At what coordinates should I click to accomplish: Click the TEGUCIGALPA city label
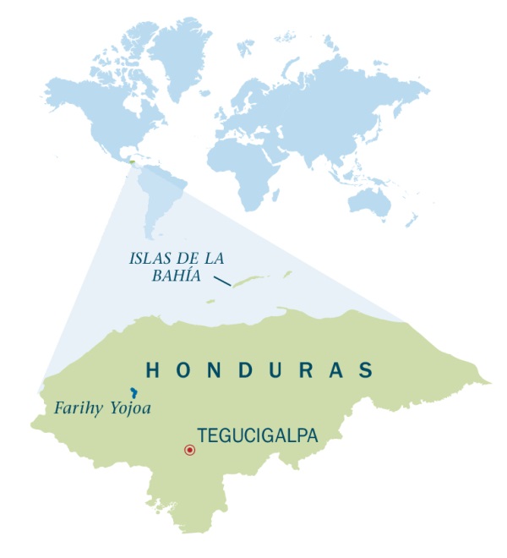click(x=257, y=435)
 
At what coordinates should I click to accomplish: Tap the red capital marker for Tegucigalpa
click(x=189, y=450)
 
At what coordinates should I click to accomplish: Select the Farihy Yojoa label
click(x=102, y=408)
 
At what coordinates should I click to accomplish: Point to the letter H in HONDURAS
click(x=153, y=369)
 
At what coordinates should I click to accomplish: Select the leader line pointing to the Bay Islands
click(x=221, y=280)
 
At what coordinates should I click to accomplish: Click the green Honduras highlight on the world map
click(x=133, y=161)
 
